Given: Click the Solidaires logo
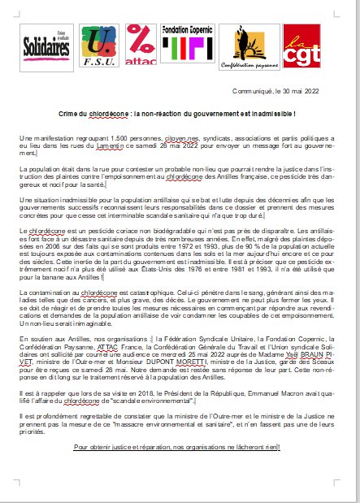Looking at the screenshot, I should point(42,47).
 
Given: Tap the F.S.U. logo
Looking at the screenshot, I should point(99,48).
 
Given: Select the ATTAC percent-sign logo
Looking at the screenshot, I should point(145,47).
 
